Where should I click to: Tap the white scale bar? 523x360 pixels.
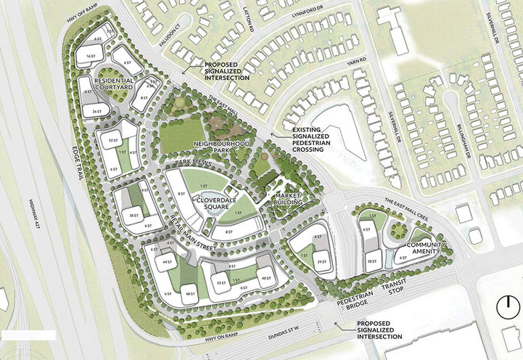pos(29,335)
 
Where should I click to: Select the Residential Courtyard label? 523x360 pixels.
pos(108,84)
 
